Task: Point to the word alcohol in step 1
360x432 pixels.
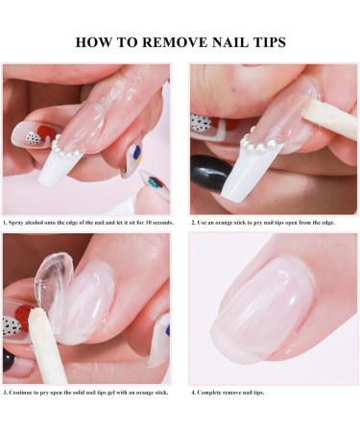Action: (39, 222)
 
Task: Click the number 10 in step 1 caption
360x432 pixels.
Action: (144, 222)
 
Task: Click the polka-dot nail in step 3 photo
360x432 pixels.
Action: (12, 325)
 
